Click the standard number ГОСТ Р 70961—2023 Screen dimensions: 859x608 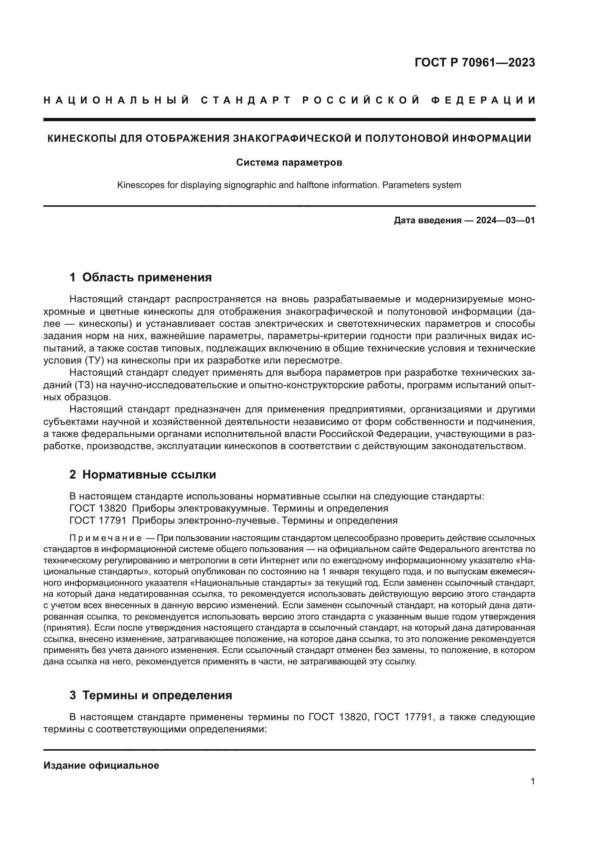click(x=475, y=62)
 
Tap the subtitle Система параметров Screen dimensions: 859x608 click(x=289, y=163)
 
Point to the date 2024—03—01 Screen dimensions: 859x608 click(x=505, y=220)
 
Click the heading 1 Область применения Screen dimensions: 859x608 click(x=141, y=278)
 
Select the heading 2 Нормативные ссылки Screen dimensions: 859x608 click(x=143, y=475)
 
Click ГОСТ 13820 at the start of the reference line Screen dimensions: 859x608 click(x=98, y=508)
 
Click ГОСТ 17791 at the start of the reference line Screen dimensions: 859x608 click(x=98, y=520)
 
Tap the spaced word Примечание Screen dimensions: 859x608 click(x=105, y=538)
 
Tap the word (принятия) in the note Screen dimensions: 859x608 click(x=63, y=628)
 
